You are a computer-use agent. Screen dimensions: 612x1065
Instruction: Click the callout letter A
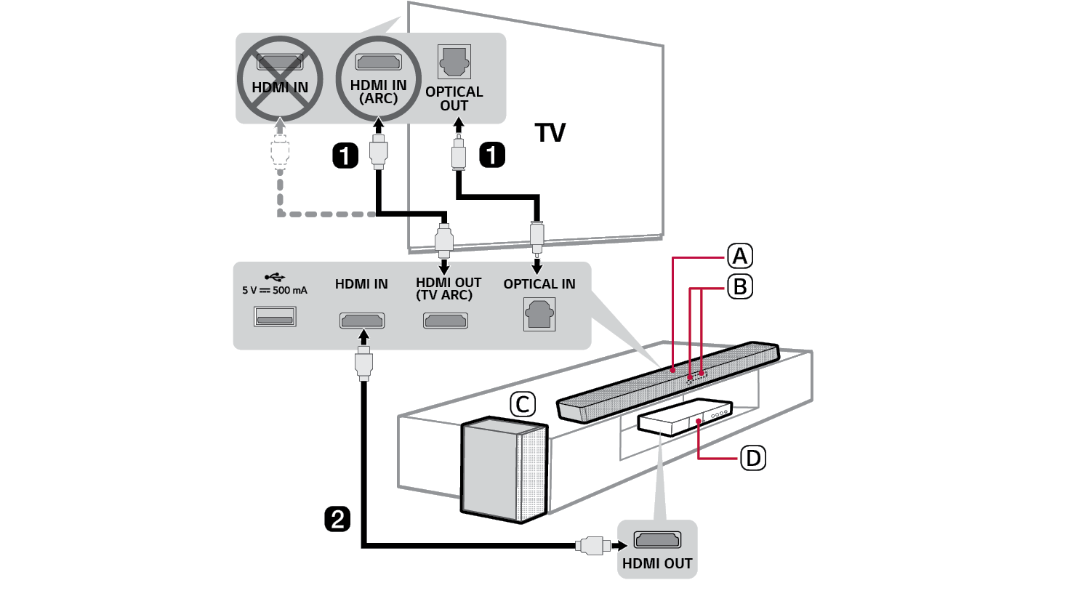[740, 257]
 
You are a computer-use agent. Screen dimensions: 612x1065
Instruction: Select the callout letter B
[740, 287]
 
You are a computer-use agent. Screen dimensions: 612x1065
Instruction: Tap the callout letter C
[523, 405]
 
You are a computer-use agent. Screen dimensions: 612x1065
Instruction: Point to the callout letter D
[753, 459]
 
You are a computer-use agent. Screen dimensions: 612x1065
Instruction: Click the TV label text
[550, 133]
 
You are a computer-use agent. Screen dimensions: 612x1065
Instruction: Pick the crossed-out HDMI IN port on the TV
[280, 63]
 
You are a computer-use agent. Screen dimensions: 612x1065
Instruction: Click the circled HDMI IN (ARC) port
[378, 63]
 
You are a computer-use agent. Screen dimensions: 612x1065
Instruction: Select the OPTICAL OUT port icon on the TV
[454, 63]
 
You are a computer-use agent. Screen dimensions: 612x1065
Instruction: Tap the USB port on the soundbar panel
[275, 317]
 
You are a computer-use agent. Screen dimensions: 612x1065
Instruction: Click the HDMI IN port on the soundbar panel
[361, 321]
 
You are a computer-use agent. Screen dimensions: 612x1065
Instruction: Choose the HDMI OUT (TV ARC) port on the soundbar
[446, 321]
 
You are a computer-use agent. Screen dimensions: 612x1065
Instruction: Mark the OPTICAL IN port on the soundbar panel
[539, 315]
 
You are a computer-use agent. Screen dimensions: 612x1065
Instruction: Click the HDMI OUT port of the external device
[657, 540]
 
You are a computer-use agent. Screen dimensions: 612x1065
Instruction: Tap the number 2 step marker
[337, 520]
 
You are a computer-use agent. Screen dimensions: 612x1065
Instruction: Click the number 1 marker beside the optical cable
[492, 155]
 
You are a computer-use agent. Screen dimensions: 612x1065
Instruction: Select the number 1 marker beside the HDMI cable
[345, 155]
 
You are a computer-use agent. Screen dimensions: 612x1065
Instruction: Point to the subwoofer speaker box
[502, 468]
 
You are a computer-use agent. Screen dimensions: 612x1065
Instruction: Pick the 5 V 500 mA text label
[275, 291]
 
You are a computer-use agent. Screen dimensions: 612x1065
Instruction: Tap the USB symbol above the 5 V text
[275, 277]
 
